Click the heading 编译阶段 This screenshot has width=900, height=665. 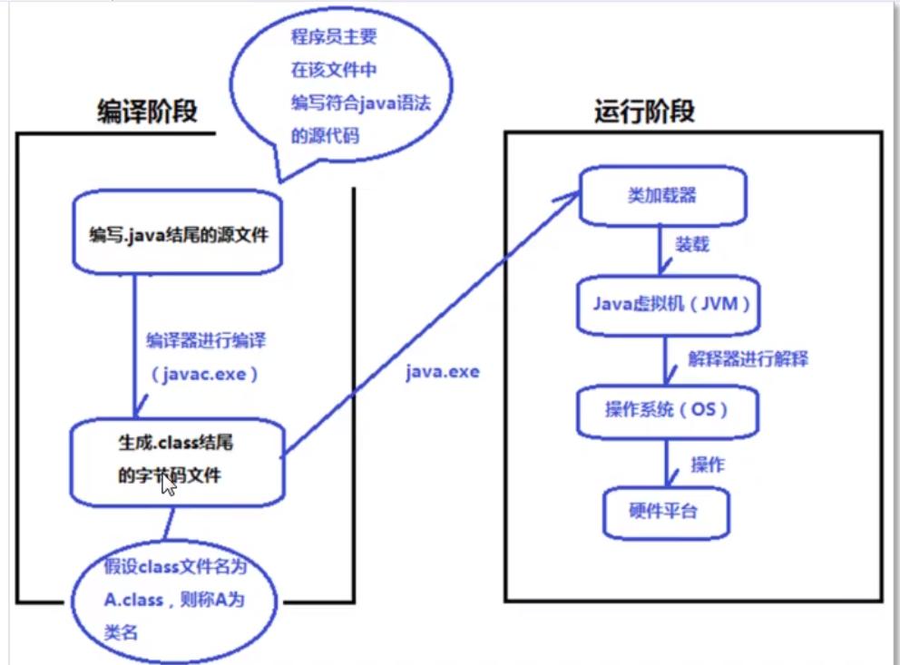point(147,112)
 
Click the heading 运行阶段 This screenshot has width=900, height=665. point(644,112)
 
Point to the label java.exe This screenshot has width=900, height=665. point(443,373)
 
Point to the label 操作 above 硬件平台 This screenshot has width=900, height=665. point(708,465)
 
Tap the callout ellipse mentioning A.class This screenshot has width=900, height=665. point(172,599)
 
